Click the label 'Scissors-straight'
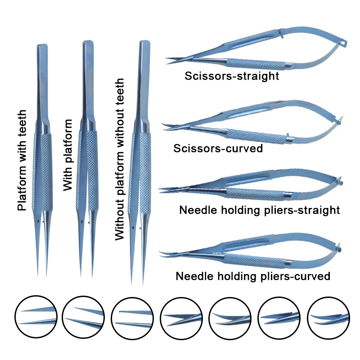point(232,76)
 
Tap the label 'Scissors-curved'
point(218,148)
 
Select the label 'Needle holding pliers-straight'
point(259,210)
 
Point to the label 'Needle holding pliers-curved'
point(253,276)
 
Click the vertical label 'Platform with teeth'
point(22,160)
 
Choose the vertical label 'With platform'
point(68,155)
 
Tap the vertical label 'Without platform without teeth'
point(120,160)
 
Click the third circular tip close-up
point(134,317)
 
